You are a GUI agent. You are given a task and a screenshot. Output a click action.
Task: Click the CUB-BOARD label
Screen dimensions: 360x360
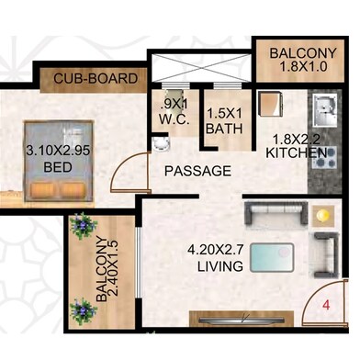[96, 79]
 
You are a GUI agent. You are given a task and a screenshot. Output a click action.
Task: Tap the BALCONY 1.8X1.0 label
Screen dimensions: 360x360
[303, 60]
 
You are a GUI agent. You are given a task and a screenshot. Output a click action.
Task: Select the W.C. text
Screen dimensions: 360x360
[174, 119]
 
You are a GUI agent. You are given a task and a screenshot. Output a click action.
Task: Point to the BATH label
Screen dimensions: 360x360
[224, 129]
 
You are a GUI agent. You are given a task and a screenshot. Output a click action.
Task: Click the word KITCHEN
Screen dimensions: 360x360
[296, 152]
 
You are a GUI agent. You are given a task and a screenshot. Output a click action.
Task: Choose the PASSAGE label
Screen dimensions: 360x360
[197, 171]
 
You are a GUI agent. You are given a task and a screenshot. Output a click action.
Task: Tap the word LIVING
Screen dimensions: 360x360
[220, 266]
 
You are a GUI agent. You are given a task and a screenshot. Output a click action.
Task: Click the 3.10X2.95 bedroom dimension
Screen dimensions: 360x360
[58, 151]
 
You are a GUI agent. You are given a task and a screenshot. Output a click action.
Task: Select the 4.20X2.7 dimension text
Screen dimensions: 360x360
[216, 250]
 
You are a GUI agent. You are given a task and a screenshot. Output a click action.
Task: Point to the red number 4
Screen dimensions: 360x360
[327, 305]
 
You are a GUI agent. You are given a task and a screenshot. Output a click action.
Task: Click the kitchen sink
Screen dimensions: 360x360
[325, 110]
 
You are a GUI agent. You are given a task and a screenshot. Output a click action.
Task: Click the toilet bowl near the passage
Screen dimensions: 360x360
[161, 143]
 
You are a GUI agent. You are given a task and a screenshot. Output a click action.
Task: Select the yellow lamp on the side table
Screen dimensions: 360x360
[323, 216]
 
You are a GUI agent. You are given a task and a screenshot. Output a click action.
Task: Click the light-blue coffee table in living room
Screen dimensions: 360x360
[272, 258]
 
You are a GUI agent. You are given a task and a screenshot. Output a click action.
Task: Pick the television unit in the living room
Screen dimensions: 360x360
[242, 319]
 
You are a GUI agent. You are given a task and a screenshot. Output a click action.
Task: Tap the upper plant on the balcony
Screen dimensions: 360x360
[83, 226]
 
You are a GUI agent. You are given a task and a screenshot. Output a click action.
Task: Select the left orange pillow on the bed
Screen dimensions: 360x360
[42, 190]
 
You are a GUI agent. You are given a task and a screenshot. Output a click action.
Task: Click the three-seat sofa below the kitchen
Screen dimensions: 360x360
[276, 212]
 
